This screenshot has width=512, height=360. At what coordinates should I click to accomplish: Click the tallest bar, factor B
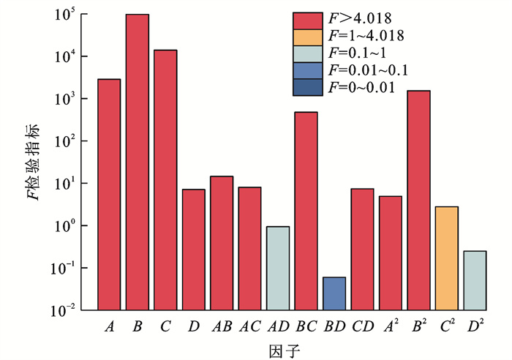click(x=137, y=161)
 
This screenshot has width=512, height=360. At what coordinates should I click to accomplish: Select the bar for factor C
click(x=165, y=179)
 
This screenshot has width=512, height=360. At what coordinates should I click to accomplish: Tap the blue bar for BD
click(x=334, y=293)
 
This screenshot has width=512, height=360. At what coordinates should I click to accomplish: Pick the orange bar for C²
click(x=446, y=258)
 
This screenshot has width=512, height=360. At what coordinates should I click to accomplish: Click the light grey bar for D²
click(x=475, y=280)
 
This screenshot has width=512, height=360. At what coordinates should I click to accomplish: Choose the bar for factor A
click(x=109, y=194)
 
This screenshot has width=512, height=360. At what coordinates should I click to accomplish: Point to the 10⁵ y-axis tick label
click(x=68, y=15)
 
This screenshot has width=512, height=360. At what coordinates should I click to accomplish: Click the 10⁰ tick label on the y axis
click(x=68, y=226)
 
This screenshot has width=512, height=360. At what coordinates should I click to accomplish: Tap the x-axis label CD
click(x=362, y=326)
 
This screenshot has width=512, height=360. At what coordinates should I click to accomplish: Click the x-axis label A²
click(x=391, y=326)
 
